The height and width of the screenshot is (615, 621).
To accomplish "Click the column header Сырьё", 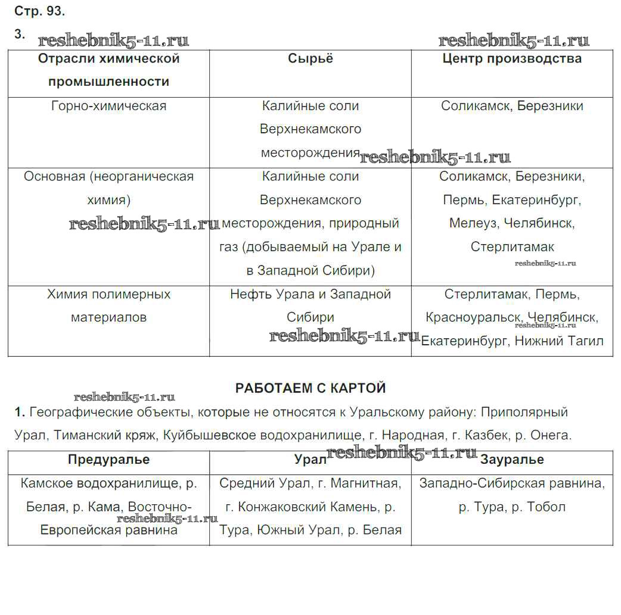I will (310, 58).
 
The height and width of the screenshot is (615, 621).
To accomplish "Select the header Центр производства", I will (512, 58).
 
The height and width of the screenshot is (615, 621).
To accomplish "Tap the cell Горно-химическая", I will (108, 106).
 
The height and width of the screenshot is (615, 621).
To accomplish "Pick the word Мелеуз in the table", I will (474, 223).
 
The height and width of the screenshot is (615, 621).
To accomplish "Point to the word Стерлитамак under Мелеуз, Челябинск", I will (512, 246).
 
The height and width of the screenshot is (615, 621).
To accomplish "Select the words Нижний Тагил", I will (558, 341).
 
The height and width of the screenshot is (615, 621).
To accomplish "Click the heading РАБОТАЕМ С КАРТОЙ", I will (310, 388).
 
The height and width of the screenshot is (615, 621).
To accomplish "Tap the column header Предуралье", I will (108, 460).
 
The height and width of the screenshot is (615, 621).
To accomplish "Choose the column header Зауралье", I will (512, 460).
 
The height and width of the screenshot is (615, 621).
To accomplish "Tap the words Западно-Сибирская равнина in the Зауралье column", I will (512, 483).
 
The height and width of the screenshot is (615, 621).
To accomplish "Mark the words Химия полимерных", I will (108, 294).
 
